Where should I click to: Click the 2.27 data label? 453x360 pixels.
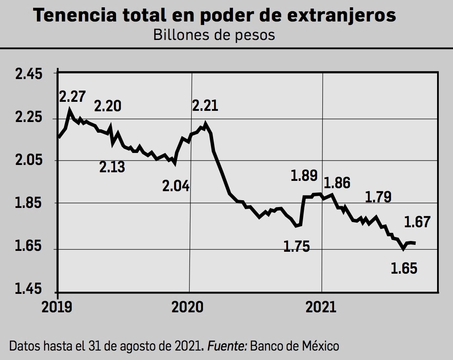72,96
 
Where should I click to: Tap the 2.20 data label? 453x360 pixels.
107,106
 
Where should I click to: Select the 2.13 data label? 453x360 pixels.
112,166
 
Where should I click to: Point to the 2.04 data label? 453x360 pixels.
176,186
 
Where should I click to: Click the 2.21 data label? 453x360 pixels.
205,105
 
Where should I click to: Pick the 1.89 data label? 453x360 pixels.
304,176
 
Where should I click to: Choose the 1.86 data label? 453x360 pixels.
337,183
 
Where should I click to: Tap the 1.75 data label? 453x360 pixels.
297,247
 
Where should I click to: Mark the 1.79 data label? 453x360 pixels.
378,197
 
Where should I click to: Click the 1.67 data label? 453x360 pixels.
417,222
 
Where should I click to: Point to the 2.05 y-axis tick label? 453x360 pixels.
29,160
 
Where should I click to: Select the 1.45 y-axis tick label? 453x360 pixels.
29,289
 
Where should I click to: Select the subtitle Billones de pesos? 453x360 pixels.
214,35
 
